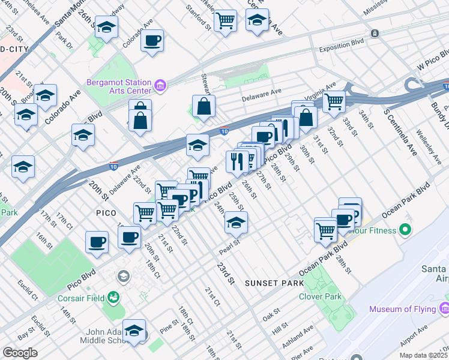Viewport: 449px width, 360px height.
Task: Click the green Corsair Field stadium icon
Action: pos(113,297)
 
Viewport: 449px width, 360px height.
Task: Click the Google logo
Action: pos(20,352)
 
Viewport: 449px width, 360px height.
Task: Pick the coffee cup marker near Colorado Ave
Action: pos(152,41)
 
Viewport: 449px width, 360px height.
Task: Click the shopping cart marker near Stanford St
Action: pos(225,21)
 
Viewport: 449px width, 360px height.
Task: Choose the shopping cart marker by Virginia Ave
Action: pos(334,101)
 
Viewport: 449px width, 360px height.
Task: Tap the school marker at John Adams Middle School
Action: pos(134,331)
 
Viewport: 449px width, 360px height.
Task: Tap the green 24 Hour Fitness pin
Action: pos(405,230)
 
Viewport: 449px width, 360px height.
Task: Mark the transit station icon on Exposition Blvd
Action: pos(375,33)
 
